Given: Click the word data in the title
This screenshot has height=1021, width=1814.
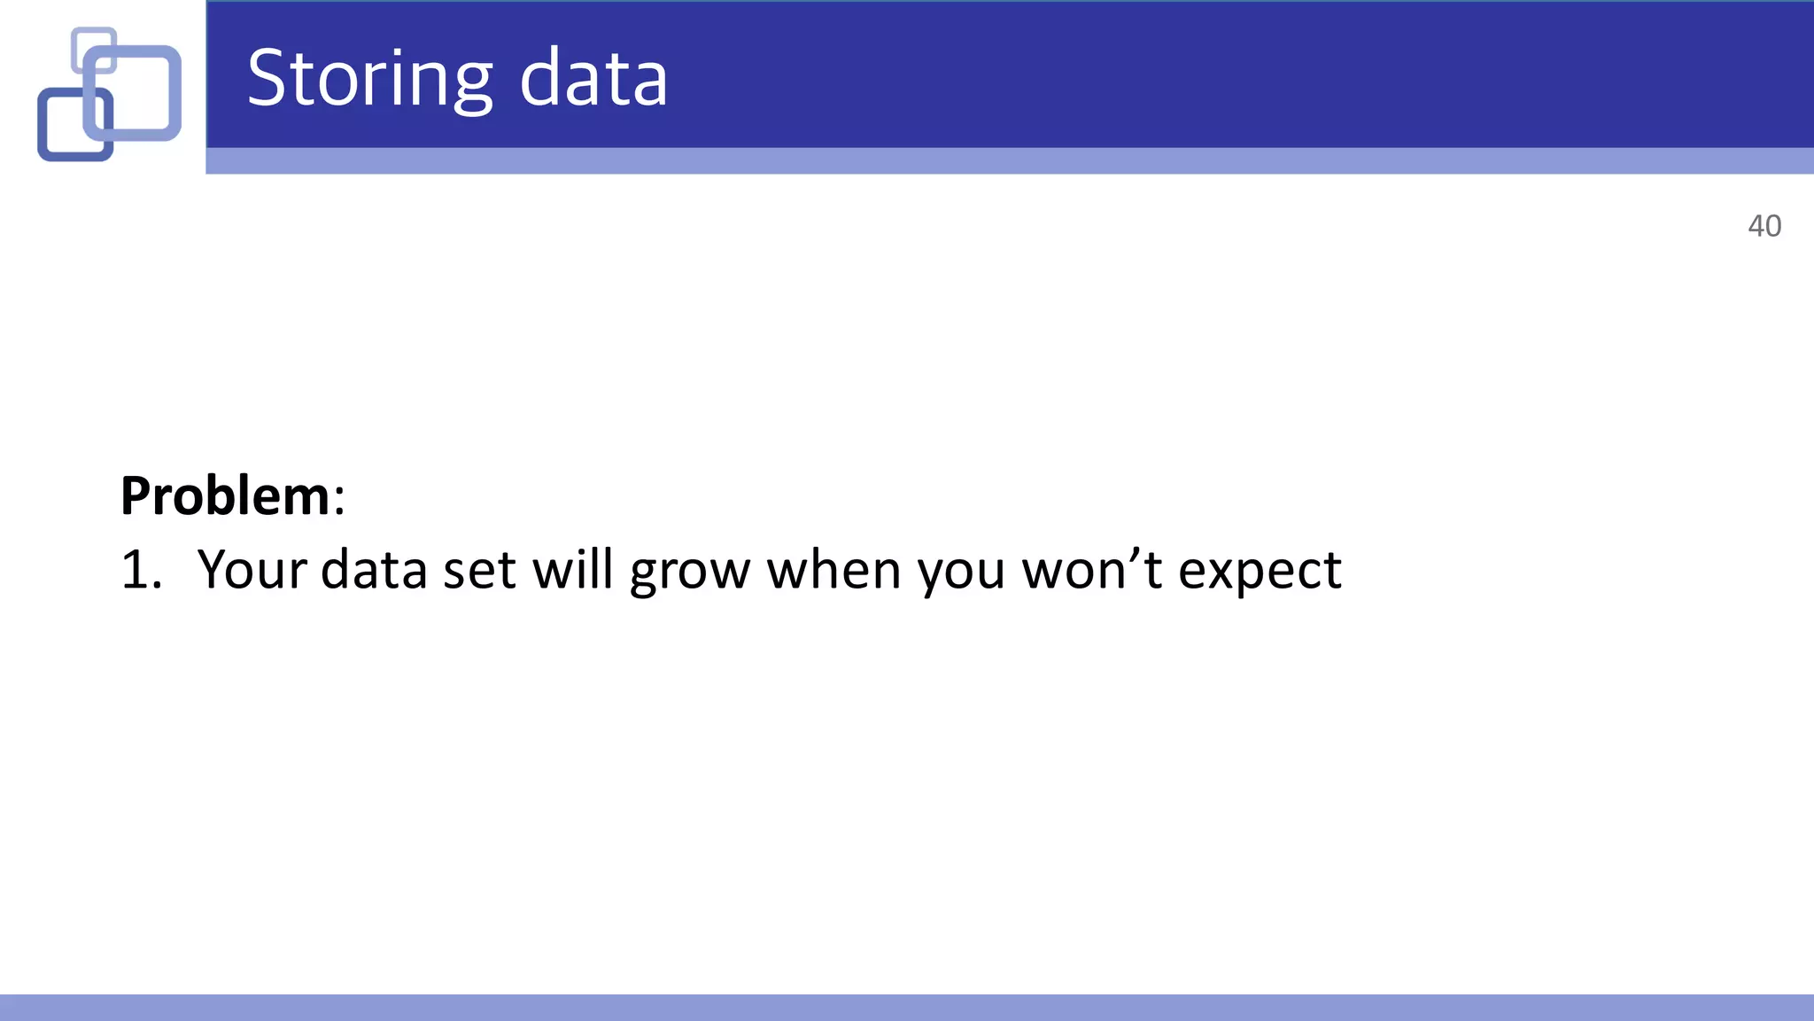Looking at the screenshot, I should point(593,80).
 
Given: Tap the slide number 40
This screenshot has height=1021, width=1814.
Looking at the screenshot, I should point(1764,226).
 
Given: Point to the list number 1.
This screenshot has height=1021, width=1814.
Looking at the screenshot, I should point(140,570).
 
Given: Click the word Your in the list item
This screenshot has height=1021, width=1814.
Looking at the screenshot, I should point(252,570).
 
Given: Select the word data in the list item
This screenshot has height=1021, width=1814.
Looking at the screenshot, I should point(374,570).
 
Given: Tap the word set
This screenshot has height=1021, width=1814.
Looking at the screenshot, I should point(479,570).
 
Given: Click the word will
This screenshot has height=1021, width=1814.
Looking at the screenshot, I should point(572,570).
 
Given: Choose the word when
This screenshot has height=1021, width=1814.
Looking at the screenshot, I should point(833,570).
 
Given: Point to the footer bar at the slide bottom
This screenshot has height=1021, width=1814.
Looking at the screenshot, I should point(907,1008).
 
